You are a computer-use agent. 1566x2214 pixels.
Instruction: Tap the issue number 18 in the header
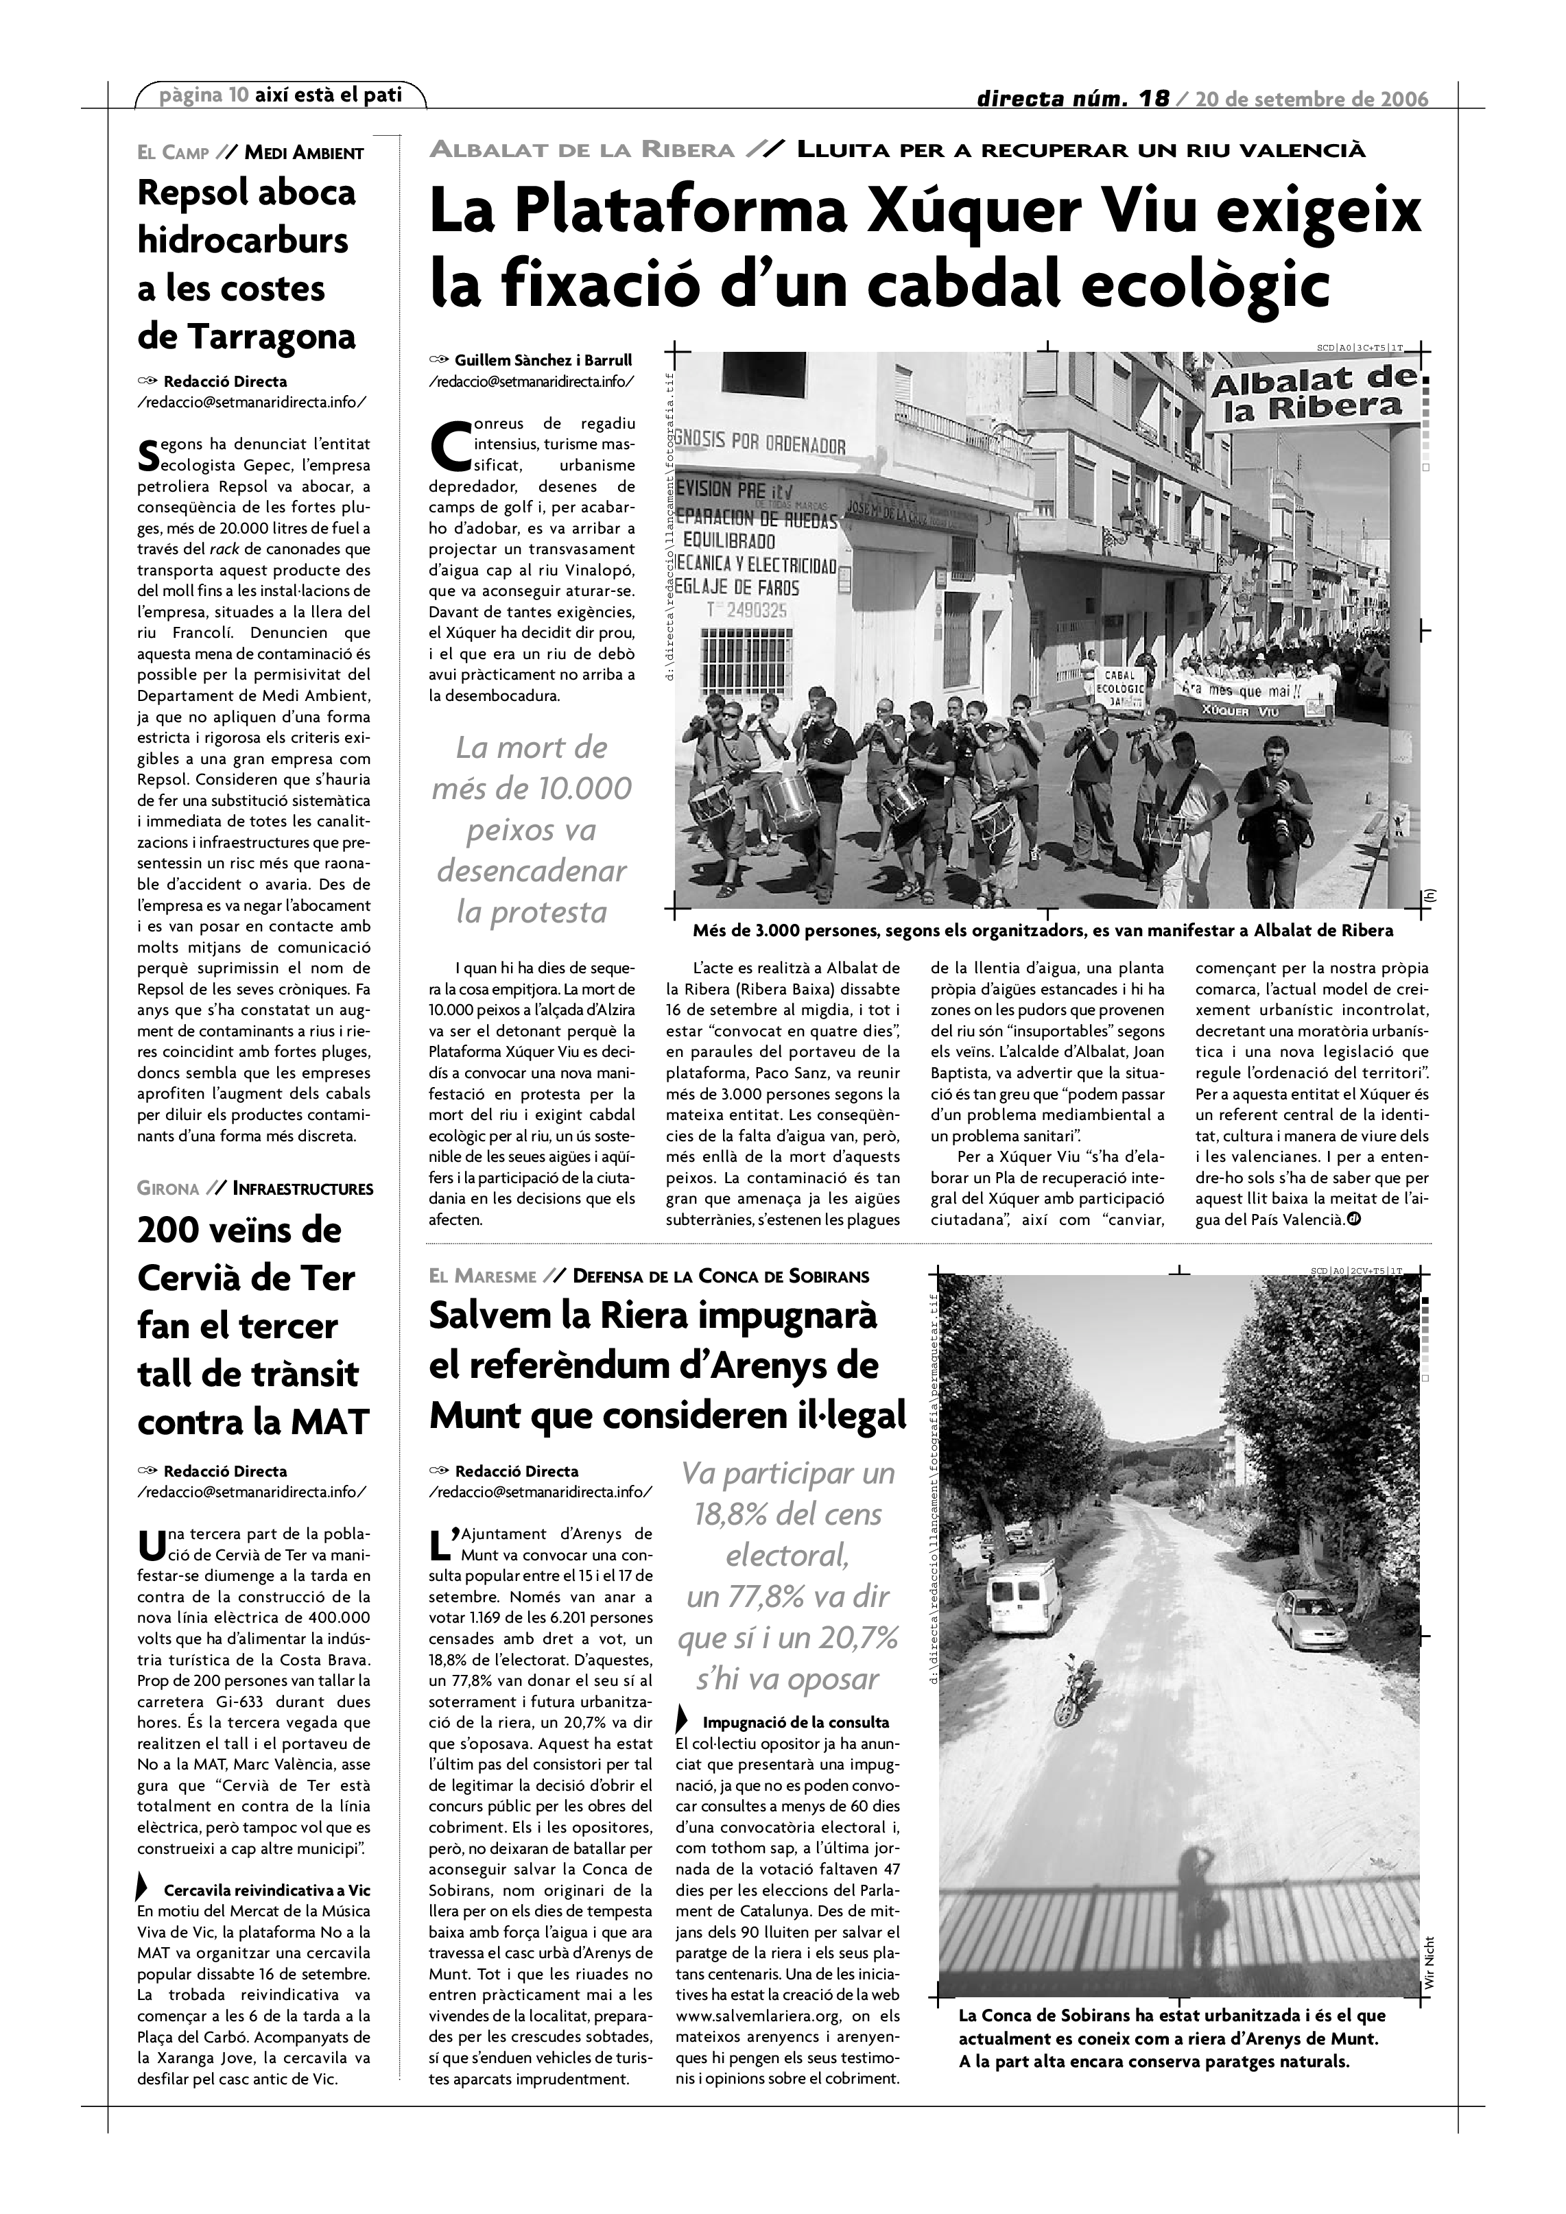click(x=1153, y=98)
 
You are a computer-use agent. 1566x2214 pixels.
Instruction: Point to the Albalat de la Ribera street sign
click(x=1312, y=395)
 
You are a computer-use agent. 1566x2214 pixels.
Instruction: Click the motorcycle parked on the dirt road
click(x=1074, y=1689)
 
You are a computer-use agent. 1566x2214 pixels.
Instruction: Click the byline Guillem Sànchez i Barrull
click(x=543, y=361)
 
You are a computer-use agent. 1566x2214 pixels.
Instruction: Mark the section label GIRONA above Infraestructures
click(x=169, y=1189)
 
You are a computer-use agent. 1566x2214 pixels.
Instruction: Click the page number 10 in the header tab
click(x=238, y=95)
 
